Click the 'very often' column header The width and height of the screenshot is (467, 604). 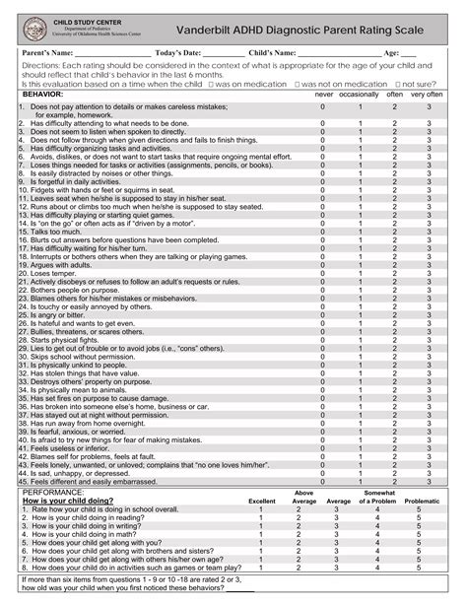(427, 95)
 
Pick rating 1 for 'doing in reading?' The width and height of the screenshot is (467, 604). (261, 517)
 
